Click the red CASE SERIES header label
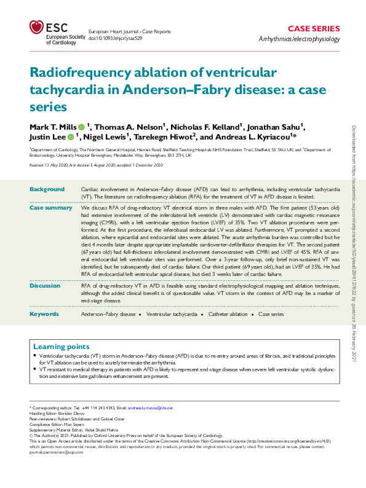point(314,28)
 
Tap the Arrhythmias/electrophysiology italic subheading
point(300,39)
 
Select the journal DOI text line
point(115,37)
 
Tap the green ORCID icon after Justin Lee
point(71,137)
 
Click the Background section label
point(47,189)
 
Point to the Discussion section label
point(47,286)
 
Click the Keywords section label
point(44,314)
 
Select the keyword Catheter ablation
point(228,314)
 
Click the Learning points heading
point(61,347)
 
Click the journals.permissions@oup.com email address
point(59,452)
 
